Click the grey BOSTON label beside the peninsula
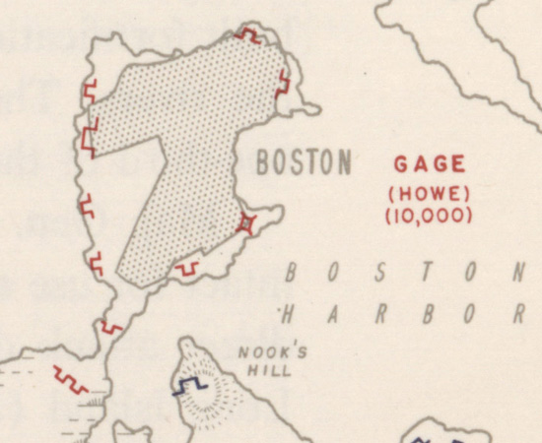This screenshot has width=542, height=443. click(x=304, y=163)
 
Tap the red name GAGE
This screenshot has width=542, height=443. click(x=430, y=164)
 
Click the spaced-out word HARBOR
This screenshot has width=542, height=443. click(x=400, y=316)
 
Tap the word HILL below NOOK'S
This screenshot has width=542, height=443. click(x=264, y=371)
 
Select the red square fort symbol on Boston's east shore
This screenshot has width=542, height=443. click(x=248, y=223)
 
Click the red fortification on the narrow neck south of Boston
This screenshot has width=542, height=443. click(x=110, y=327)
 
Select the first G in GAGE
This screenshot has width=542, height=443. click(x=402, y=164)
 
